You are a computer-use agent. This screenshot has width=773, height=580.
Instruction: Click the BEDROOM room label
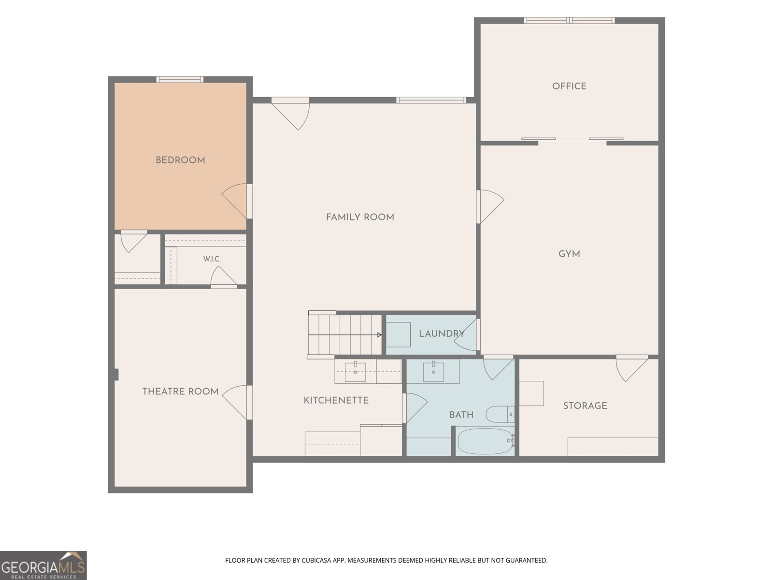pos(180,160)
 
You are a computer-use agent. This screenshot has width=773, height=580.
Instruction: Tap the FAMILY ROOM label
pos(360,217)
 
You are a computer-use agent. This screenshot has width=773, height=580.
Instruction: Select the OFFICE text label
pos(569,87)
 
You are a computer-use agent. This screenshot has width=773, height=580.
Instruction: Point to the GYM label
pos(569,254)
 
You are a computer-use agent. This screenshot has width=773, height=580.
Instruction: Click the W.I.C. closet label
pos(212,259)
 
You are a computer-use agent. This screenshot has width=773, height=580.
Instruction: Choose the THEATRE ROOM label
pos(180,391)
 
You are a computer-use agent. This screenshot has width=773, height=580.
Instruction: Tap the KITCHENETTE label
pos(336,400)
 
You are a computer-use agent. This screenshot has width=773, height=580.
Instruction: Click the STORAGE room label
pos(585,406)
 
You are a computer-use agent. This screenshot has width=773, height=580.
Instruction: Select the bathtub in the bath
pos(485,441)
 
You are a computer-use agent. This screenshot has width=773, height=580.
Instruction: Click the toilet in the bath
pos(500,414)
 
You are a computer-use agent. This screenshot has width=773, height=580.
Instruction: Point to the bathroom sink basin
pos(433,372)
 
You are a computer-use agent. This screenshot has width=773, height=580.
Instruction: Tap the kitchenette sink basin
pos(355,372)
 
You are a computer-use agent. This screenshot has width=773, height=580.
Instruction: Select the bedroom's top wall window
pos(180,80)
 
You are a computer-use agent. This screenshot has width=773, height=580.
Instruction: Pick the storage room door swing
pos(631,368)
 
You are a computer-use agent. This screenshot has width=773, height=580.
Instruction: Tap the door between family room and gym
pos(490,207)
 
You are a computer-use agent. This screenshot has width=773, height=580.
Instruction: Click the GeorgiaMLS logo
pos(43,565)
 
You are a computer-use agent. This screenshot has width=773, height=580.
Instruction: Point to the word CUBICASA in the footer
pos(314,560)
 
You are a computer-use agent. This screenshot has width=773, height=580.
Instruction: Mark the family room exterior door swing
pos(290,114)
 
